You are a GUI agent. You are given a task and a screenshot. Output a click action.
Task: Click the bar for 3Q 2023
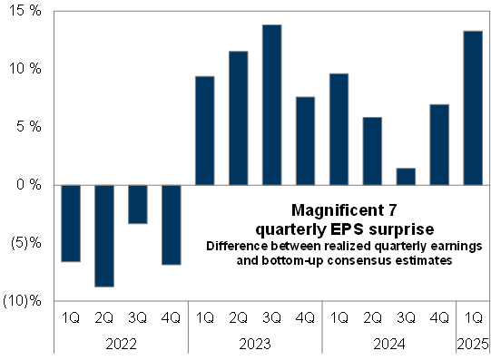click(x=271, y=105)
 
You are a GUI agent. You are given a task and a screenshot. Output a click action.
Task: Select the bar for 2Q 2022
click(x=104, y=236)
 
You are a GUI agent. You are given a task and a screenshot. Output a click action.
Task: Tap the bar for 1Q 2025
click(x=473, y=108)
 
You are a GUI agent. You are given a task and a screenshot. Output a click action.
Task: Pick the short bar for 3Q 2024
click(x=406, y=177)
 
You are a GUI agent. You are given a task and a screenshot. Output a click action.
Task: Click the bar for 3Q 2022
click(x=138, y=204)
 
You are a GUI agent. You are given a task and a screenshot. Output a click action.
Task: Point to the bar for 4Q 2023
click(x=305, y=141)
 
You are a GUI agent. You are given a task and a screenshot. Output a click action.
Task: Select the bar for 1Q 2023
click(x=205, y=131)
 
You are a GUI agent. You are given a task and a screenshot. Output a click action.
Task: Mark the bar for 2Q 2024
click(x=372, y=151)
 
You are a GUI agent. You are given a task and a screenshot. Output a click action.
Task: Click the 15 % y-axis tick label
click(x=25, y=10)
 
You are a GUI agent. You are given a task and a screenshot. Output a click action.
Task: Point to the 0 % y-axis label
click(x=29, y=184)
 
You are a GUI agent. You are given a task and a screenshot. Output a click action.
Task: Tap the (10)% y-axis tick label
click(x=22, y=300)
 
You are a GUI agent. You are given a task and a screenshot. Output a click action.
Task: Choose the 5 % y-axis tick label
click(x=29, y=126)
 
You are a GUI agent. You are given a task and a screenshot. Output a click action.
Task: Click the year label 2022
click(x=122, y=344)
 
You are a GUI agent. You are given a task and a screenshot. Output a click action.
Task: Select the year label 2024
click(x=389, y=344)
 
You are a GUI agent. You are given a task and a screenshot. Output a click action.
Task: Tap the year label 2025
click(x=473, y=344)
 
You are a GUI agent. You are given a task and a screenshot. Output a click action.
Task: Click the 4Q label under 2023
click(x=305, y=317)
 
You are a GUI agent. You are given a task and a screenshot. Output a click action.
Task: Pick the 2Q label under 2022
click(x=104, y=317)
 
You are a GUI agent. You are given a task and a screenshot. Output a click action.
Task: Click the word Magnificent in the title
click(x=338, y=209)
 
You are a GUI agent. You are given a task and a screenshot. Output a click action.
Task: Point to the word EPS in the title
click(x=347, y=229)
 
